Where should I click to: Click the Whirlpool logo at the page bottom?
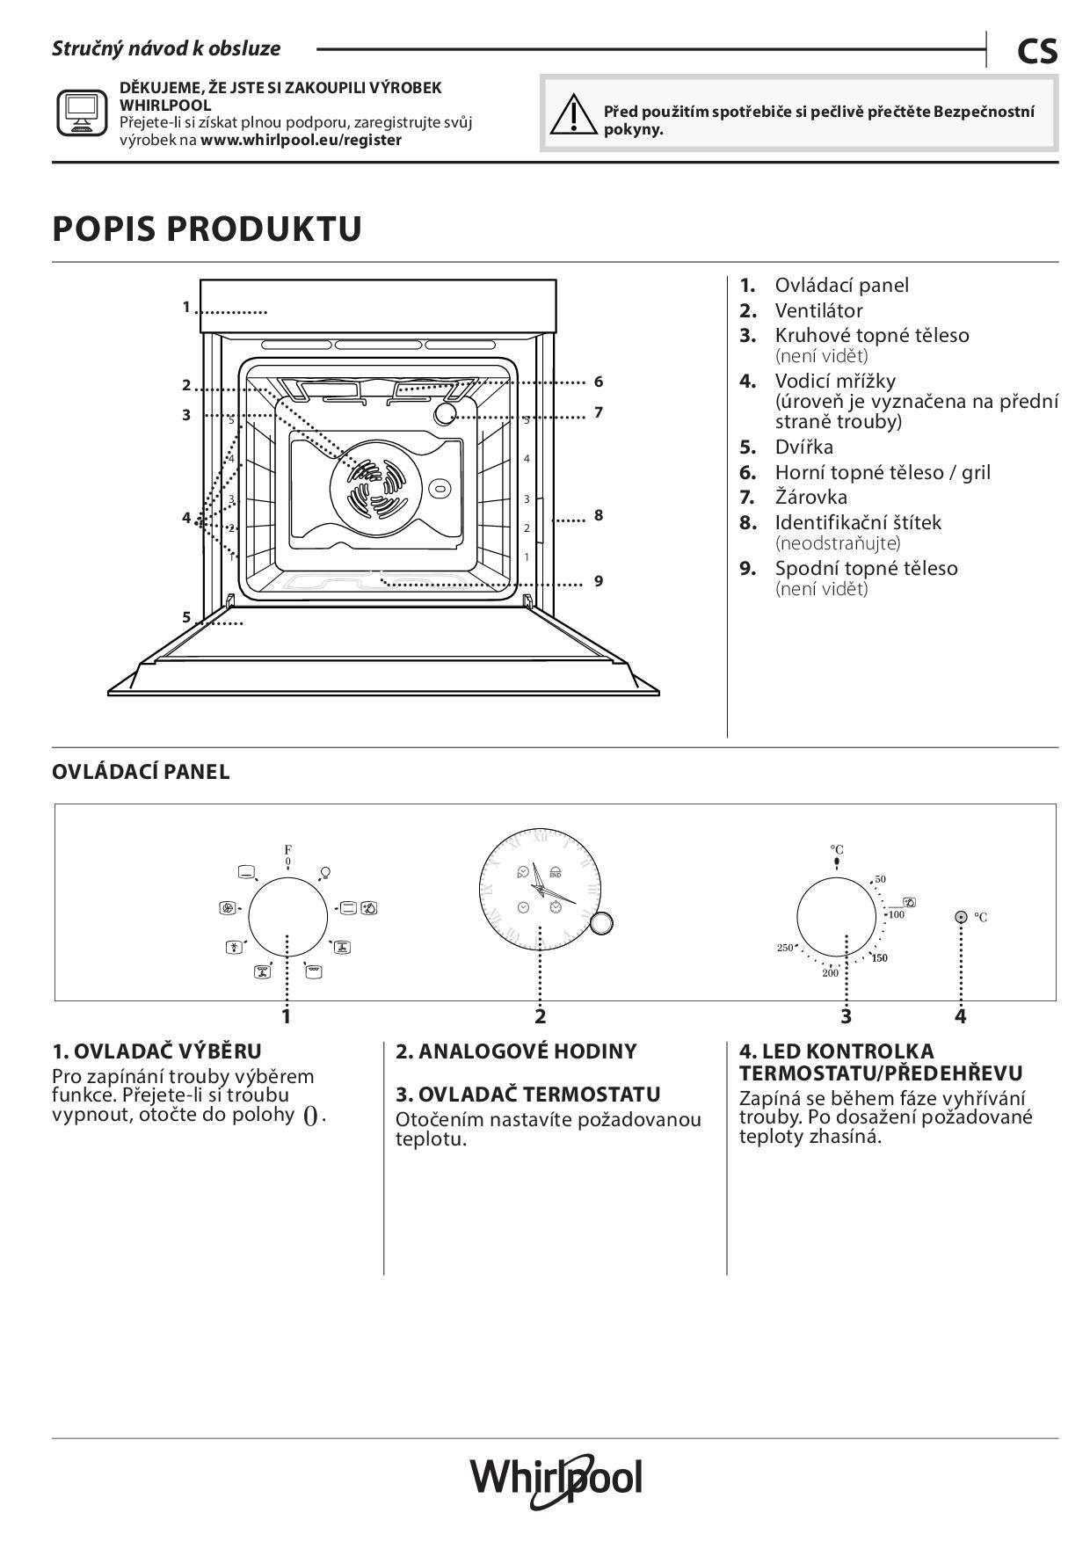556,1479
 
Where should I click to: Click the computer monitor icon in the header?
82,113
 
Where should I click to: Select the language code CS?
1037,52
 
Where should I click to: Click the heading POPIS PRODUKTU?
207,229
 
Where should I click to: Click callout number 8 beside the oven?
599,515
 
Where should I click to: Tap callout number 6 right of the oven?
599,382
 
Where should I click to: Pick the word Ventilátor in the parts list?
818,310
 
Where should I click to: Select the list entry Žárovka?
810,497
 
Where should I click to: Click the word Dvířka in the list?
803,447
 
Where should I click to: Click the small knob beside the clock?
602,922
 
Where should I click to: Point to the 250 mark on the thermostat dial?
784,948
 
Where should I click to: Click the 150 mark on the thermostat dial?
880,957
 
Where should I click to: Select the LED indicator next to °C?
961,917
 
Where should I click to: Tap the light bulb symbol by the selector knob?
325,872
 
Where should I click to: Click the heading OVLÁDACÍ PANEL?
141,772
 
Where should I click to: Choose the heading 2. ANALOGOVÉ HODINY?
516,1051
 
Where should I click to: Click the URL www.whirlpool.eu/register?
301,140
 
